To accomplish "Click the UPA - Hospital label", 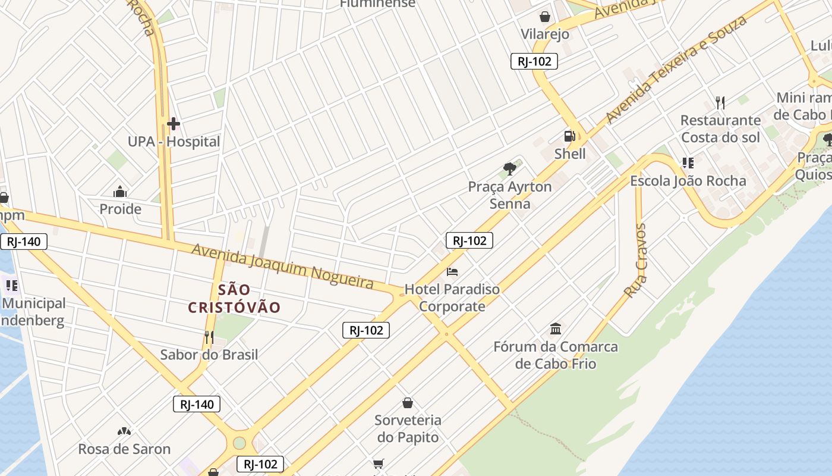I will [x=174, y=142].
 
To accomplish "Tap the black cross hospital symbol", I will [x=173, y=124].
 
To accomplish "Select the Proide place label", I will [x=120, y=209].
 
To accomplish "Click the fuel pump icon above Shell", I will [x=569, y=136].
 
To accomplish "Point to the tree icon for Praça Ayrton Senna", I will [x=509, y=169].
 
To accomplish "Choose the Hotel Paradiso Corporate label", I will [x=452, y=298].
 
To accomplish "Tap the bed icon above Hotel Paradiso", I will [x=452, y=273].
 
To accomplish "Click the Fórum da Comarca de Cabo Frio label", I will [x=556, y=355].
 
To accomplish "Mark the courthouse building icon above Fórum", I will [x=556, y=328].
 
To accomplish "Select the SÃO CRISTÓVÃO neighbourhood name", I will [x=234, y=299].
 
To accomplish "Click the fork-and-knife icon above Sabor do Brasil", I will [x=209, y=337].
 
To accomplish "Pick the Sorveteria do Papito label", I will [x=408, y=428].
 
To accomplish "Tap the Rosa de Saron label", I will [x=124, y=449].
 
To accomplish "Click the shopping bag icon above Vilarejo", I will [x=544, y=17].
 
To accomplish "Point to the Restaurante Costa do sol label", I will [x=720, y=129].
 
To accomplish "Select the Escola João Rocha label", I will [x=688, y=181].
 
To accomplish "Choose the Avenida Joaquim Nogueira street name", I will [x=282, y=267].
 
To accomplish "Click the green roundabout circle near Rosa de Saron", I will [x=239, y=443].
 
